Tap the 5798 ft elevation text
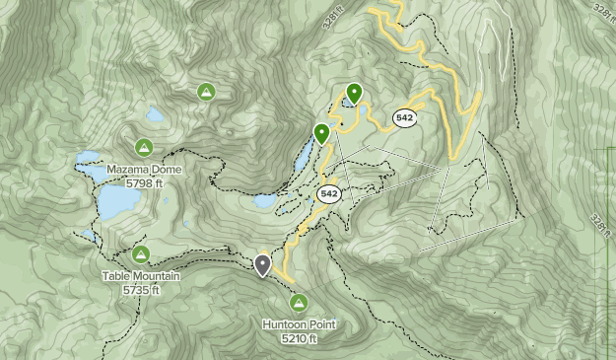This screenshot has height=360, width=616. point(143,182)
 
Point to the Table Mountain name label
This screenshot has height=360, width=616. point(141,277)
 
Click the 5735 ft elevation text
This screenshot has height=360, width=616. point(141,290)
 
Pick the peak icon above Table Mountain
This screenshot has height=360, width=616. point(141,255)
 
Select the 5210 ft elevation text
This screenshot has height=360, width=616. point(299,338)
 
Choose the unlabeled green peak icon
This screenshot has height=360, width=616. point(206,93)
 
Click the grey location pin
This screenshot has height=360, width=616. point(263,264)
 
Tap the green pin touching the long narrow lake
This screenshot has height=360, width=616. point(321,133)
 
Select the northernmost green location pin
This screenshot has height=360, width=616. point(353,93)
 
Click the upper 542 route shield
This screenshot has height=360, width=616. point(404,117)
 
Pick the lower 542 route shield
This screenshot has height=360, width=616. point(329,194)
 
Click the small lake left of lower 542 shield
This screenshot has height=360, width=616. point(264,201)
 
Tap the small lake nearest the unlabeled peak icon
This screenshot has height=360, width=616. point(155,114)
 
